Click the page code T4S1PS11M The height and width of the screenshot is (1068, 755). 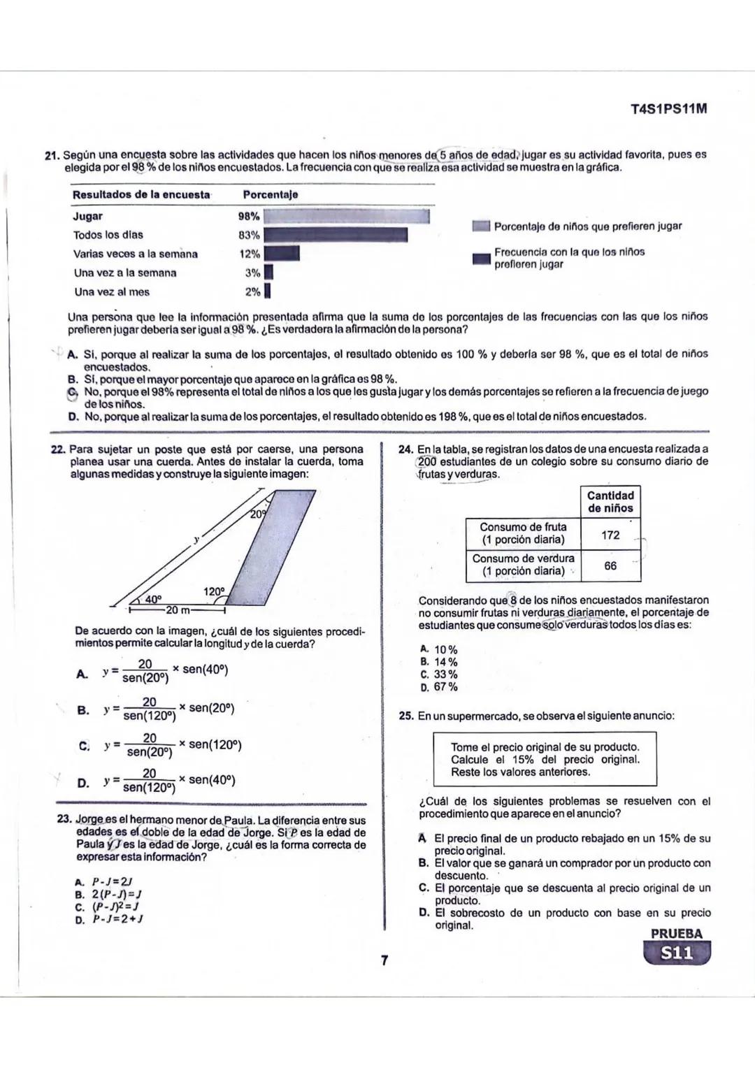(668, 109)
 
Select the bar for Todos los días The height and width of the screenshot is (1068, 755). (335, 235)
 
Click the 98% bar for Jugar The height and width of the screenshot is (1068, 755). (345, 216)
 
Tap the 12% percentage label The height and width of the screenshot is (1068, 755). (250, 254)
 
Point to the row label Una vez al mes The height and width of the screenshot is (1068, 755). (112, 292)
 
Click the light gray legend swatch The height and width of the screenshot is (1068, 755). (480, 226)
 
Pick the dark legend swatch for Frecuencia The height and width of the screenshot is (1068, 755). (480, 258)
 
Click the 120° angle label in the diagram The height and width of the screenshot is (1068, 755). (214, 592)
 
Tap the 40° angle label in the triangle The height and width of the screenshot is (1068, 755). (153, 599)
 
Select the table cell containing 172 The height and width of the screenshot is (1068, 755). (610, 535)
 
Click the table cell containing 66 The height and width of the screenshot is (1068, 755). (610, 565)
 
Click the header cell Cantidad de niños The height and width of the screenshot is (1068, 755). (610, 502)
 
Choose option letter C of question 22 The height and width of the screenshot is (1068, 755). (84, 745)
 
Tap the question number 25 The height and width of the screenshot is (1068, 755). (405, 716)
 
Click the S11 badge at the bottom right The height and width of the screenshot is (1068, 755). (675, 953)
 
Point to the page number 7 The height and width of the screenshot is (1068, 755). (384, 960)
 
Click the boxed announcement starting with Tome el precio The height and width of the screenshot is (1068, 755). (545, 759)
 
